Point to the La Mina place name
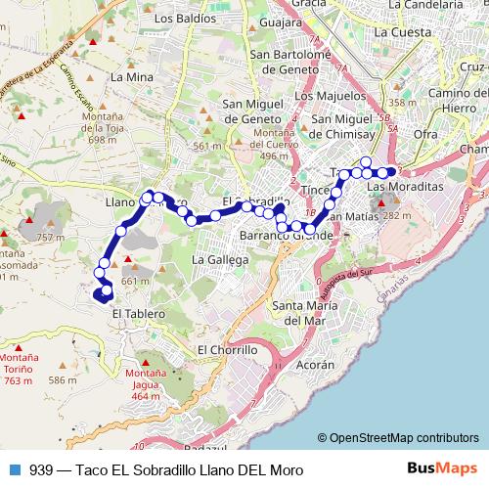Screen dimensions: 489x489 (x=130, y=75)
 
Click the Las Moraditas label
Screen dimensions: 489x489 (x=405, y=185)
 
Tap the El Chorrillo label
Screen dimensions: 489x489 (x=227, y=349)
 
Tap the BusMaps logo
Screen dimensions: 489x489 (x=443, y=468)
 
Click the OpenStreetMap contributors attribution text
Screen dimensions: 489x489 (x=403, y=438)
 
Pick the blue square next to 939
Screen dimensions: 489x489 (x=13, y=468)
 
